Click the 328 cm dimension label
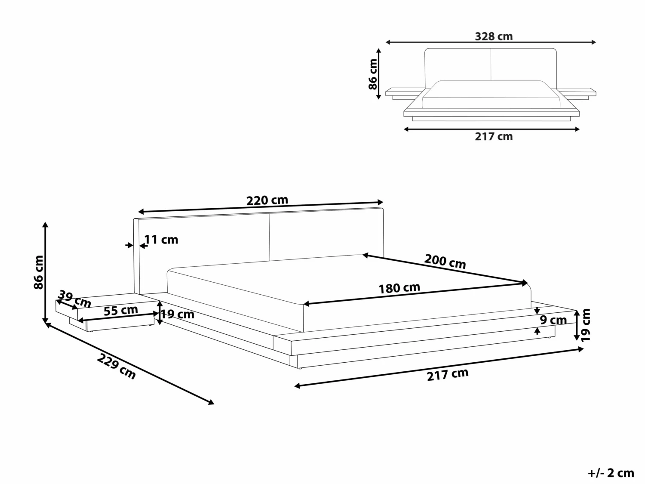click(x=494, y=37)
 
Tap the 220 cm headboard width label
click(x=267, y=200)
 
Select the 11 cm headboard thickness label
click(x=161, y=240)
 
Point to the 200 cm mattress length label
click(x=445, y=261)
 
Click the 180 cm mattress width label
click(x=399, y=288)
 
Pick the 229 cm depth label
click(x=117, y=366)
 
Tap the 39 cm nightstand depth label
click(x=74, y=299)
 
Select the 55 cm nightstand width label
click(x=121, y=310)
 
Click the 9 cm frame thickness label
click(x=553, y=320)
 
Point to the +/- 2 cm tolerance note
click(x=611, y=473)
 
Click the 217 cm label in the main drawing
click(x=448, y=374)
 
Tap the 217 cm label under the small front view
click(x=494, y=136)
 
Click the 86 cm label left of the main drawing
click(x=39, y=272)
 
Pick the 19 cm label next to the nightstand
click(x=178, y=314)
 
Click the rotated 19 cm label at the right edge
click(x=586, y=325)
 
